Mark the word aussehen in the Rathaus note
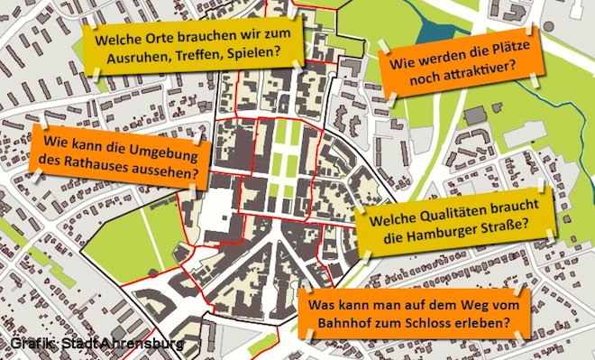click(173, 170)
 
